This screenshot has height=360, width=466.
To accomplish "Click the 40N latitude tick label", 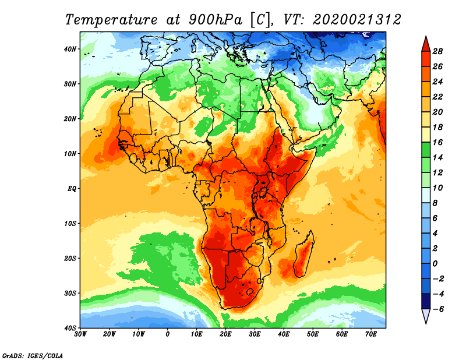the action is point(70,49).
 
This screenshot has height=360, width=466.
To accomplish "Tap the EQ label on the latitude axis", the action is point(72,189).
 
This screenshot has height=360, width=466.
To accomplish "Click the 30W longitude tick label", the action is point(80,334).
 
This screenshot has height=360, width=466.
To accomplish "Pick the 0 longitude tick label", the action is point(168,334).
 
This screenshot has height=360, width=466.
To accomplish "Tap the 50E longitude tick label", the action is point(313,334).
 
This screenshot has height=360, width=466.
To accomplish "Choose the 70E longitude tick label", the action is point(371,334).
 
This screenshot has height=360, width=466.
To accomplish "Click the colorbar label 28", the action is point(437,51).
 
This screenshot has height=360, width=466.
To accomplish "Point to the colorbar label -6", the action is point(436,309).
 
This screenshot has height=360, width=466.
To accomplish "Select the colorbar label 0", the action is point(435,264).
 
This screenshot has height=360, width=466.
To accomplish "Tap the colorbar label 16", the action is point(437,142).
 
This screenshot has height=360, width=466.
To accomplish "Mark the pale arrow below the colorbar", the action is point(426,316).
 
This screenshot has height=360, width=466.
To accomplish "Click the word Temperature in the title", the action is point(111,20).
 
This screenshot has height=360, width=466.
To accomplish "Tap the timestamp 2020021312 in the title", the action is point(357,20).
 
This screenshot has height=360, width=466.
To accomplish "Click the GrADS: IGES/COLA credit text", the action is point(33,356).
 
